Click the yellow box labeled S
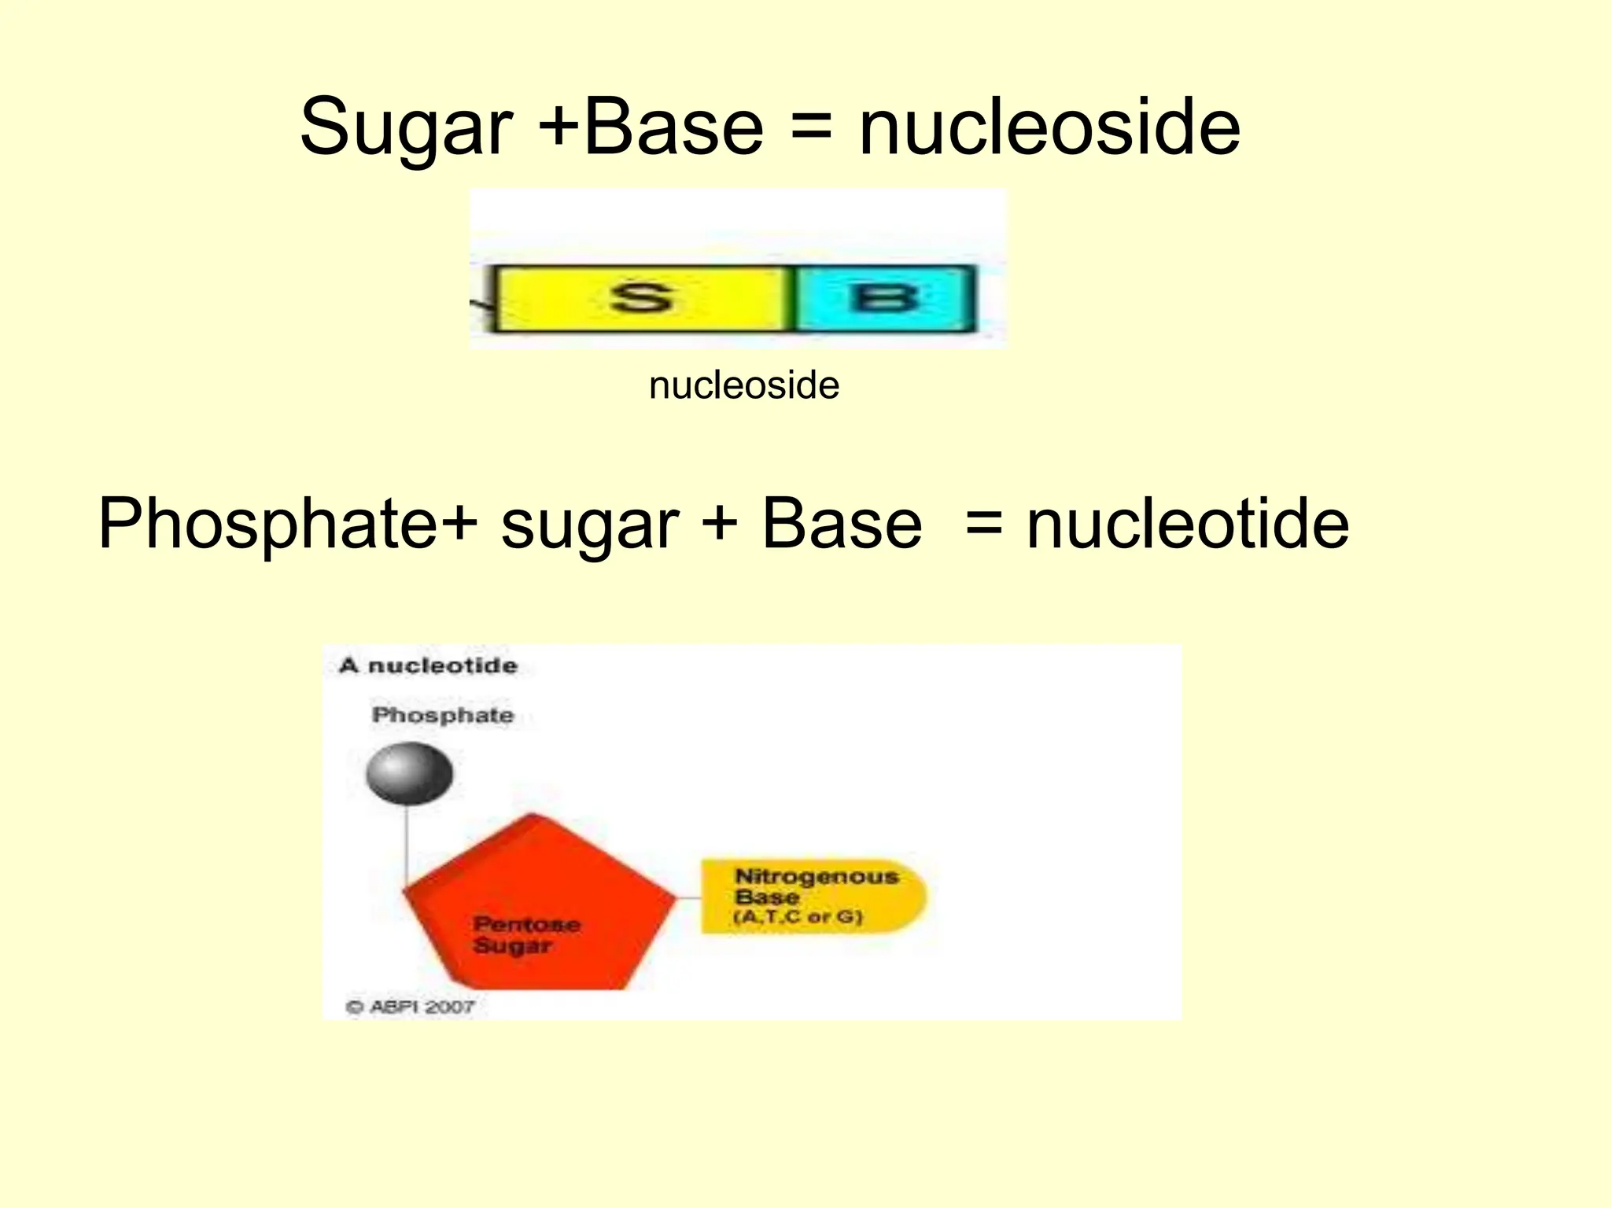click(641, 299)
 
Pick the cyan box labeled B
click(884, 299)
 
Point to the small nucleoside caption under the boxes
click(744, 385)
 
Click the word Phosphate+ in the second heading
click(288, 525)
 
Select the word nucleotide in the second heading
click(1188, 525)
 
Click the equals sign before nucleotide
click(984, 525)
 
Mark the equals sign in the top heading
click(811, 128)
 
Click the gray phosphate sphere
click(409, 774)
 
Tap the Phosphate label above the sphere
click(443, 715)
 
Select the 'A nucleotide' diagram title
click(429, 666)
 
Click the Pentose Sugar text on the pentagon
click(525, 934)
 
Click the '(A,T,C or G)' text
click(798, 917)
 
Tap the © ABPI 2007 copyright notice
click(410, 1007)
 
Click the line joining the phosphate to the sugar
click(407, 845)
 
